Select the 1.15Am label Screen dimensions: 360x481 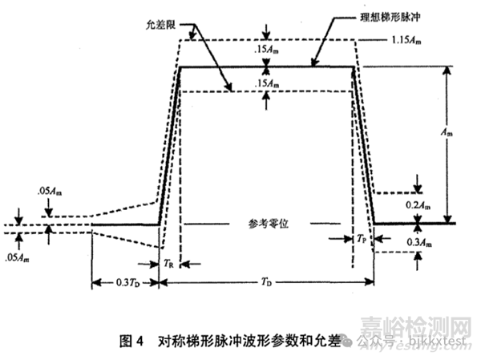point(406,38)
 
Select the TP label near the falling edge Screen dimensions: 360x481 point(362,240)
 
